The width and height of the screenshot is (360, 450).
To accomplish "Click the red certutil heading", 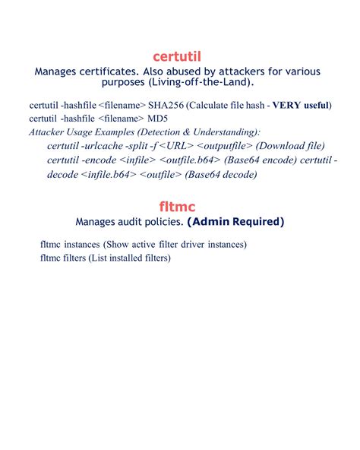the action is click(x=180, y=56).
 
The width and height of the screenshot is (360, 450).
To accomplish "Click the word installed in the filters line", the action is click(x=124, y=258).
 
